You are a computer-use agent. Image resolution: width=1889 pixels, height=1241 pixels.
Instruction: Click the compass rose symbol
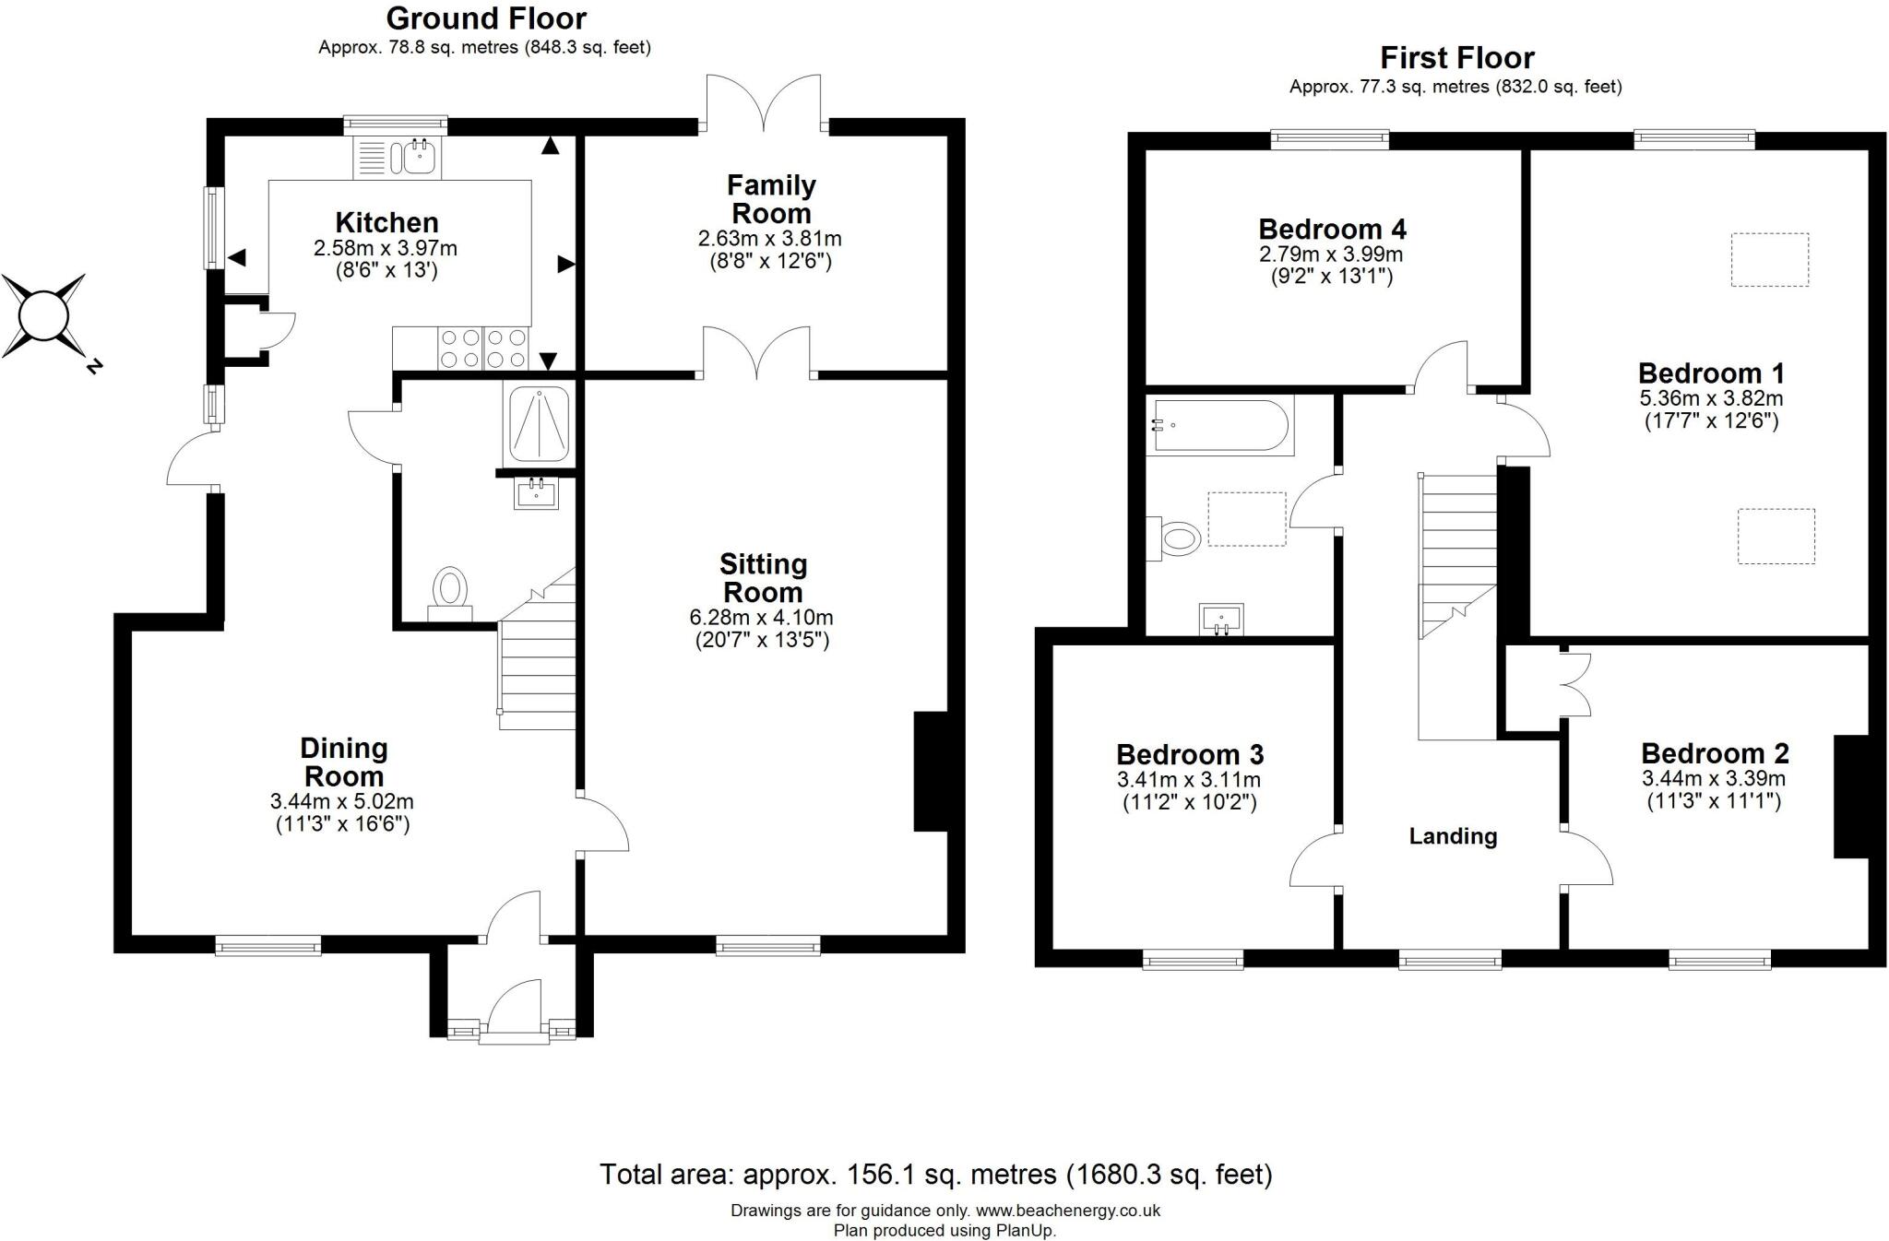44,316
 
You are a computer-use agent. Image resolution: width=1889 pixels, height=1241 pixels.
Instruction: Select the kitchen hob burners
482,349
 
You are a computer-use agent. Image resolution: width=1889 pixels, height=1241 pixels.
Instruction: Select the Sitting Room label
763,578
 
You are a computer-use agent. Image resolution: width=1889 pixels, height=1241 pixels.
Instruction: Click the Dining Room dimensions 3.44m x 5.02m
342,802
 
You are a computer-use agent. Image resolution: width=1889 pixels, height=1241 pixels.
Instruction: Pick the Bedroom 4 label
1332,230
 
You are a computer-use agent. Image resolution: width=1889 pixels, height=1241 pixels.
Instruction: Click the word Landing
1453,836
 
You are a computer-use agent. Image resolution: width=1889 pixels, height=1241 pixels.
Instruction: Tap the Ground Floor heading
486,18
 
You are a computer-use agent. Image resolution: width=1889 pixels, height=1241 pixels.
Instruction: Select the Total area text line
935,1174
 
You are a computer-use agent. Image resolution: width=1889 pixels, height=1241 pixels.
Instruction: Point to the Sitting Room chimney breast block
931,771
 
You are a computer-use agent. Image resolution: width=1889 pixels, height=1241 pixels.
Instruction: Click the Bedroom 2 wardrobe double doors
1576,684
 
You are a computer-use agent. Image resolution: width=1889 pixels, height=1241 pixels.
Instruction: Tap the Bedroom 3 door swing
1314,859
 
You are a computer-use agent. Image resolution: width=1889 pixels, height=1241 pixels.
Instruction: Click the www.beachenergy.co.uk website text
1067,1211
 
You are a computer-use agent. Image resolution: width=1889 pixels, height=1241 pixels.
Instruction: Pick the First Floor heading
1456,58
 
